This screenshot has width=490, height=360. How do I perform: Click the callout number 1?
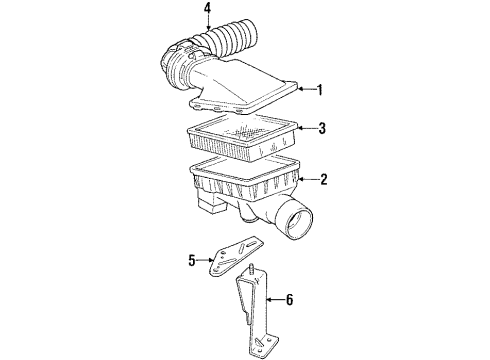pyautogui.click(x=319, y=89)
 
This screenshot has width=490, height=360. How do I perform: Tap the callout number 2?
pyautogui.click(x=323, y=180)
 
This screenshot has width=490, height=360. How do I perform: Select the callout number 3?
pyautogui.click(x=321, y=129)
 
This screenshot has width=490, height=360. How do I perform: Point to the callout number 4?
pyautogui.click(x=207, y=11)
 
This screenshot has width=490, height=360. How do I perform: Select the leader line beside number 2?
pyautogui.click(x=305, y=180)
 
